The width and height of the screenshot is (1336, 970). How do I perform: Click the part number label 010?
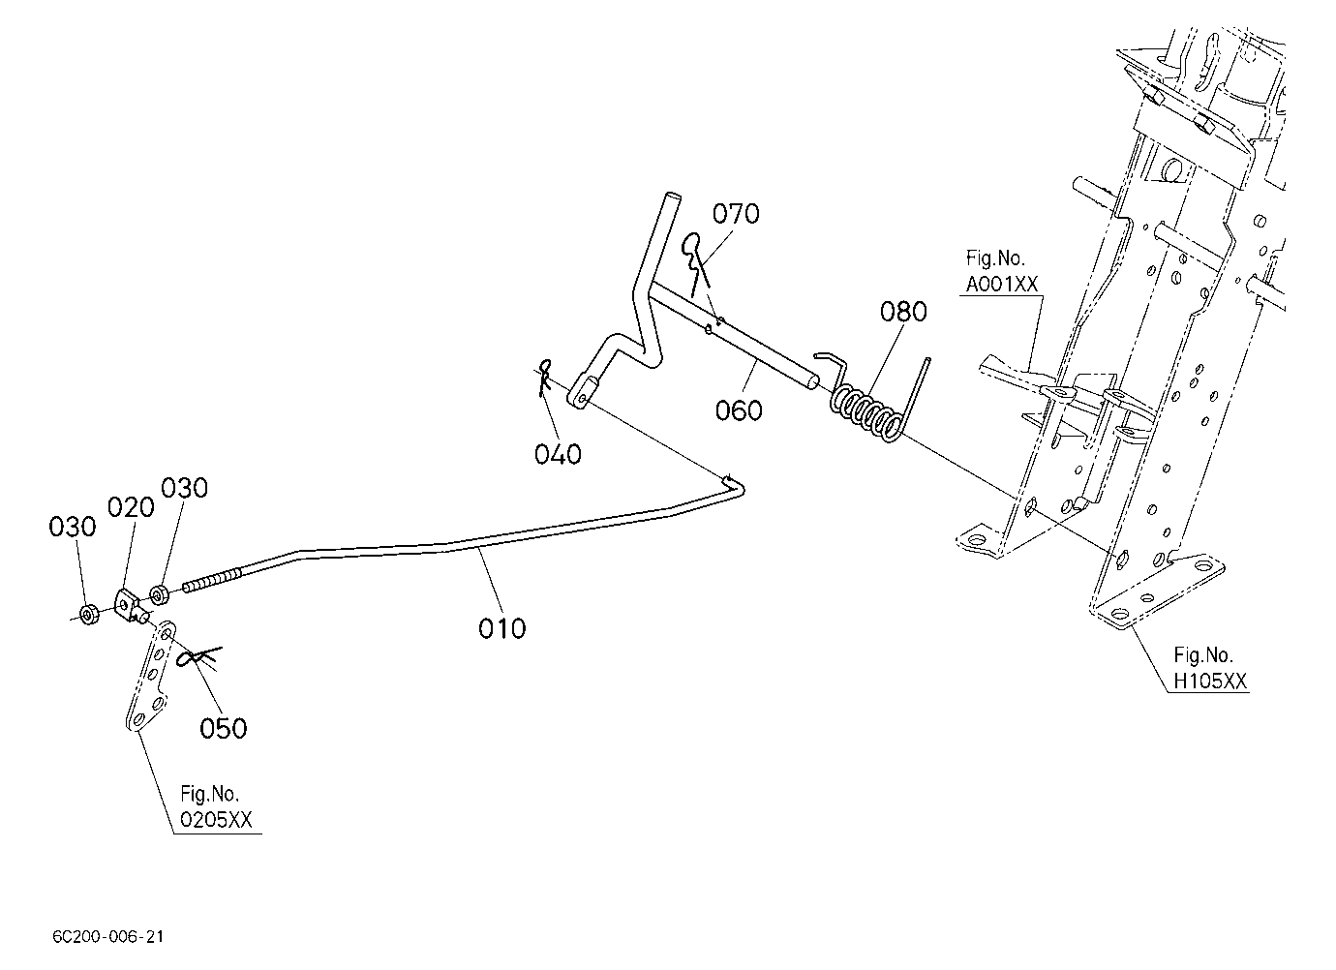(501, 629)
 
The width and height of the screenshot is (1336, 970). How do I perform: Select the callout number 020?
(131, 507)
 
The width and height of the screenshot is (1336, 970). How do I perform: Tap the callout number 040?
(558, 455)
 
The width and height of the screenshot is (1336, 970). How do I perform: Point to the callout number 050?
(223, 728)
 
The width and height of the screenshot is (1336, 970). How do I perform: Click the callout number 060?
(739, 410)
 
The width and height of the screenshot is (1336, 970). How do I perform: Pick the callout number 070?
(736, 214)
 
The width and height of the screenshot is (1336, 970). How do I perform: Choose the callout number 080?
(903, 312)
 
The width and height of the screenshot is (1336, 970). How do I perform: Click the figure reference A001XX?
(1002, 285)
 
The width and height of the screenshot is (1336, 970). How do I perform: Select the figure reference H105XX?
(1210, 682)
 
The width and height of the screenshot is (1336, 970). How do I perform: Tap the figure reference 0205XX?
(217, 820)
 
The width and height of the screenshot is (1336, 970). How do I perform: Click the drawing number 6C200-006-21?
(108, 937)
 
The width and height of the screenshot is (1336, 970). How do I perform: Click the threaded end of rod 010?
(212, 581)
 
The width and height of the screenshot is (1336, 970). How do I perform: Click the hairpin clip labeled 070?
(695, 262)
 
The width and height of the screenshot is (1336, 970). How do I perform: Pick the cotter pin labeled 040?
(544, 378)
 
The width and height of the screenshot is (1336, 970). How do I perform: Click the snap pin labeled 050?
(199, 657)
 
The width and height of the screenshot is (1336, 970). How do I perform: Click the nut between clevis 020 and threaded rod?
(159, 595)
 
